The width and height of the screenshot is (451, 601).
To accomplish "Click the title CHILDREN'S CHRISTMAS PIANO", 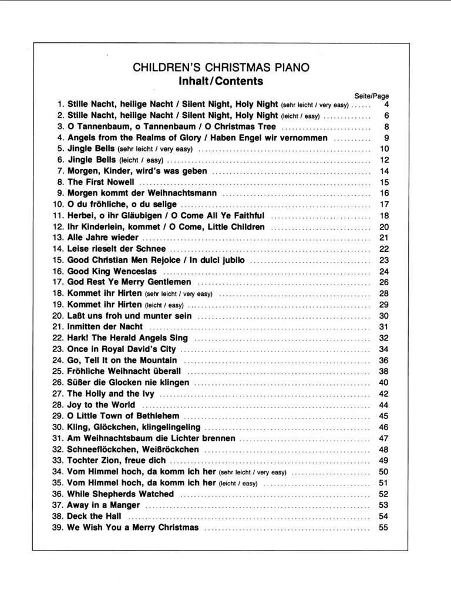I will [x=221, y=68].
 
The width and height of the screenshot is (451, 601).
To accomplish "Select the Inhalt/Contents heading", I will [x=221, y=81].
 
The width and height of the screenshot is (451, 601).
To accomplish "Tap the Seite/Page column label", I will [x=372, y=96].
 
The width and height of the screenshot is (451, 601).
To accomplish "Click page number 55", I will [x=384, y=528].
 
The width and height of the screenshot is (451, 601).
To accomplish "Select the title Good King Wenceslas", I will [x=112, y=272].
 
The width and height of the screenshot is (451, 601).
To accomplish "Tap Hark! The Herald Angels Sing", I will [x=127, y=338].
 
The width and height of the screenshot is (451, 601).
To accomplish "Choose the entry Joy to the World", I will [x=102, y=405].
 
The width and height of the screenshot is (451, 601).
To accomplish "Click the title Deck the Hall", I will [x=95, y=516].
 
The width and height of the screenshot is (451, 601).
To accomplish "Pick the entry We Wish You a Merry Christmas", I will [x=133, y=528].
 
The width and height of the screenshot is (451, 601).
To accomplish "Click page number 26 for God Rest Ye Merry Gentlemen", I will [x=384, y=282].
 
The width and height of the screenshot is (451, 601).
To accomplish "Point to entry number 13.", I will [x=58, y=238].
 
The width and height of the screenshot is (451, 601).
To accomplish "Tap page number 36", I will [x=384, y=360].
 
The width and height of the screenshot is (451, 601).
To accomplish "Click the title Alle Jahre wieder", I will [x=103, y=238].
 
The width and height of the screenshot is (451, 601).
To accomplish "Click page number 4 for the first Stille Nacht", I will [x=386, y=104].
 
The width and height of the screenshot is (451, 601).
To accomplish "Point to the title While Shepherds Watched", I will [x=120, y=494].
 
